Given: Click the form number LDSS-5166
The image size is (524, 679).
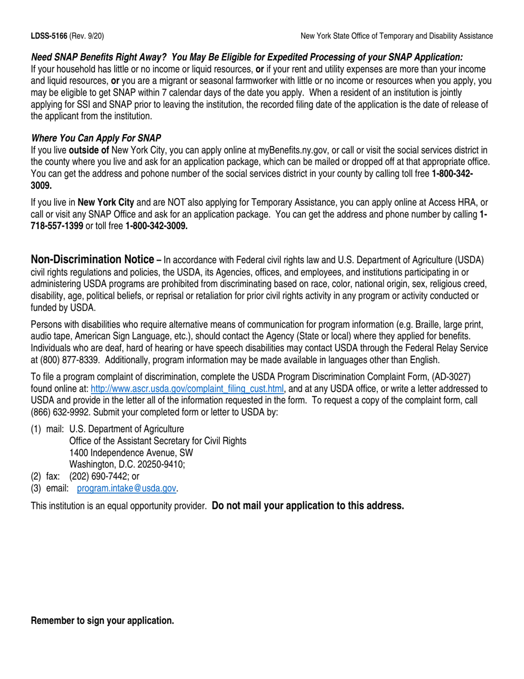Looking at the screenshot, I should click(x=49, y=36).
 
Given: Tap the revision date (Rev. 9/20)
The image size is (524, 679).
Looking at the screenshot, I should click(x=87, y=36).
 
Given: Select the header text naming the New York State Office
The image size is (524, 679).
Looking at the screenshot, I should click(x=397, y=36).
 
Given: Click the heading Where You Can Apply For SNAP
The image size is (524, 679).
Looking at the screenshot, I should click(x=96, y=138).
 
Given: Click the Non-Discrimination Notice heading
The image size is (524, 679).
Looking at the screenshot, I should click(x=92, y=260).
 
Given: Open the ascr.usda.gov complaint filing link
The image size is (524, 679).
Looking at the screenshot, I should click(x=187, y=389).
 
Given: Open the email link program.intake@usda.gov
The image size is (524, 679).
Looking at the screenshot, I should click(x=127, y=489).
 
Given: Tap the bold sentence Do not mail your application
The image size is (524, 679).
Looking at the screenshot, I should click(x=308, y=506).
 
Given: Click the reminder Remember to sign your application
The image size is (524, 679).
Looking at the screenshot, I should click(x=103, y=620).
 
